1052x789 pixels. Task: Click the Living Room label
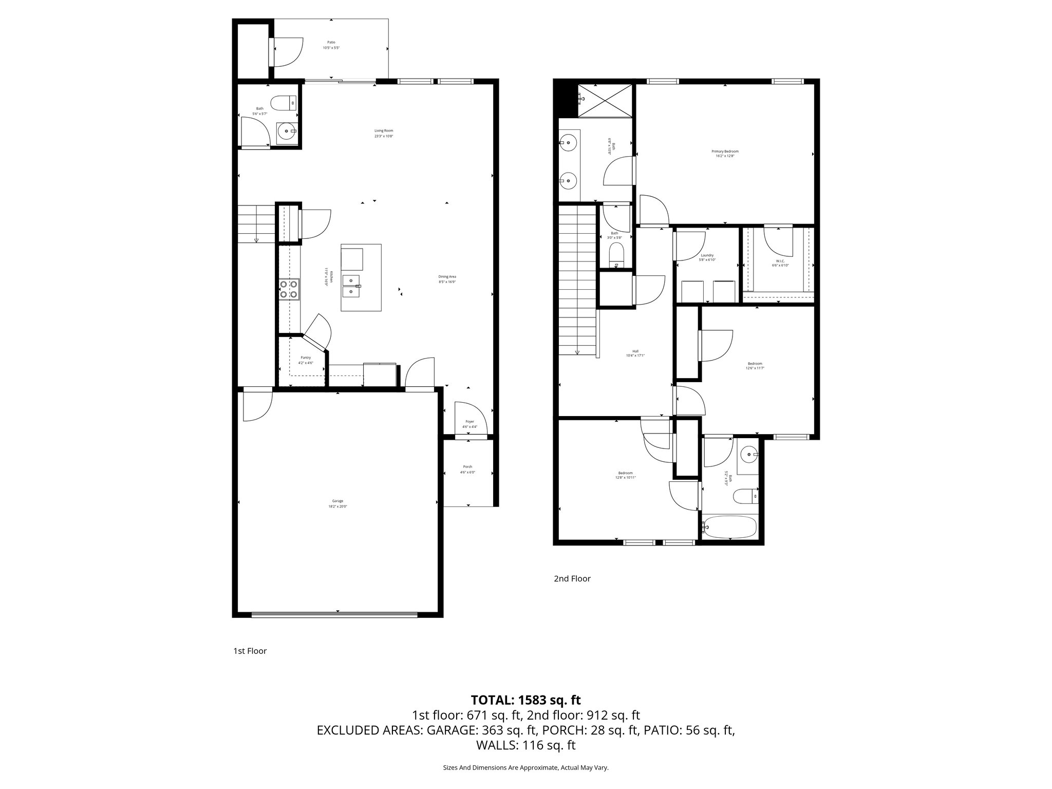click(x=383, y=133)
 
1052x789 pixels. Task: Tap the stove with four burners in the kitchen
click(x=289, y=289)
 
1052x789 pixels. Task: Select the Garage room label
click(x=337, y=503)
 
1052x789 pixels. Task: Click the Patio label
click(x=331, y=45)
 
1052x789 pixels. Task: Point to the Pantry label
click(x=306, y=360)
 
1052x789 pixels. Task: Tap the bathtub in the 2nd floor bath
click(x=730, y=528)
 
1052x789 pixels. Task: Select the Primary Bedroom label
click(x=725, y=154)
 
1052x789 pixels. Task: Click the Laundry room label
click(x=707, y=257)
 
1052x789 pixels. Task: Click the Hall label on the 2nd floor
click(x=635, y=353)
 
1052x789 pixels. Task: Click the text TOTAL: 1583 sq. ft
click(x=525, y=700)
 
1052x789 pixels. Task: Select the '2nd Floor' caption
click(x=572, y=579)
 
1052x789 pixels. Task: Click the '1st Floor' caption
click(x=250, y=651)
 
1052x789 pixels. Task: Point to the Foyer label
click(x=469, y=424)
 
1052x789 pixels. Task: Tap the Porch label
click(x=467, y=469)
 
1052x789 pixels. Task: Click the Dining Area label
click(x=447, y=279)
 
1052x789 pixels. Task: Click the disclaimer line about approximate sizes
click(x=525, y=767)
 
